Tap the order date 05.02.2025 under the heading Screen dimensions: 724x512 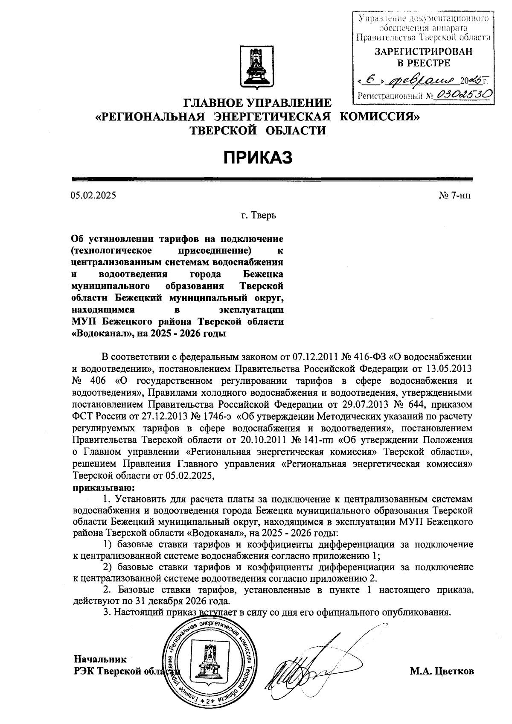pos(93,196)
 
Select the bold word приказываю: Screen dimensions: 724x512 pos(99,487)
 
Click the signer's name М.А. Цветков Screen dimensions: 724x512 pos(442,671)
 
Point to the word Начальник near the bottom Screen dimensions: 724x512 pos(100,659)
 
